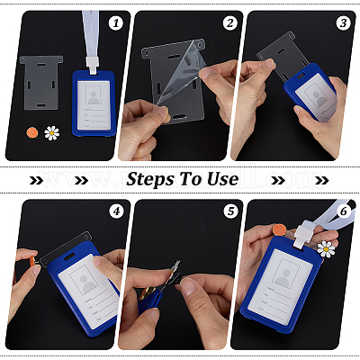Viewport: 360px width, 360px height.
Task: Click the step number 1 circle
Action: click(116, 23)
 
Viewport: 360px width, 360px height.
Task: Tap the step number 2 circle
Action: click(230, 23)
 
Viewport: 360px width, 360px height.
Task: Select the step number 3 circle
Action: click(344, 23)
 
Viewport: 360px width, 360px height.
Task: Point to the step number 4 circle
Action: click(116, 211)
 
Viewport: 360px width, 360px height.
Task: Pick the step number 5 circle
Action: click(230, 211)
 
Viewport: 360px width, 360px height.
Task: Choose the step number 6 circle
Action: click(344, 211)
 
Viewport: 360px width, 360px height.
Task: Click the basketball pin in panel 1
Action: click(32, 132)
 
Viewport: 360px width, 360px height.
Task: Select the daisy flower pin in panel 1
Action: click(51, 133)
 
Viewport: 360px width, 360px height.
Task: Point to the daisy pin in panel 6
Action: click(326, 248)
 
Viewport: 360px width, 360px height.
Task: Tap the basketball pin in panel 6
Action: click(280, 230)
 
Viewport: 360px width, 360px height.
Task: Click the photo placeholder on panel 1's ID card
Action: click(94, 94)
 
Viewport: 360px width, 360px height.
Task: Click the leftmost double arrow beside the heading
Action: click(36, 180)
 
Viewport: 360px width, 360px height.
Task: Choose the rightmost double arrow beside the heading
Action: click(322, 180)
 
